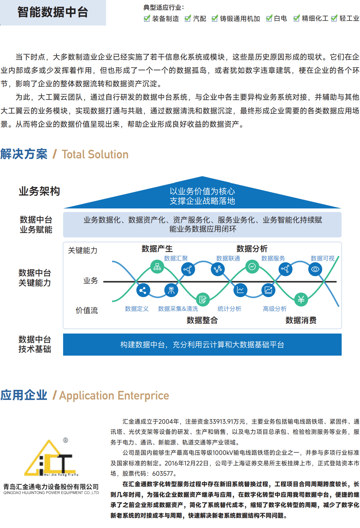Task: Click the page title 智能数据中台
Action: (x=53, y=12)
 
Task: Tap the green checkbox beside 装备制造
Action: (x=147, y=18)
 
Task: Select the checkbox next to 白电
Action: (x=269, y=18)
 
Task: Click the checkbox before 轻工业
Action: (x=334, y=18)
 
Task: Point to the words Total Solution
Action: (x=95, y=154)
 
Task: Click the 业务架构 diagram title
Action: (x=39, y=191)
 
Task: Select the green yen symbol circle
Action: (x=301, y=300)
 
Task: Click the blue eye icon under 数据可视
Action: (x=315, y=269)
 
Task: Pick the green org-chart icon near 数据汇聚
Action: (x=157, y=267)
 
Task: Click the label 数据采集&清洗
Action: (x=178, y=309)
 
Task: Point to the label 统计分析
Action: (x=229, y=309)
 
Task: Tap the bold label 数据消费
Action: (x=301, y=320)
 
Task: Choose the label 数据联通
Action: (x=228, y=258)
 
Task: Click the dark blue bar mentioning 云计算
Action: (x=202, y=344)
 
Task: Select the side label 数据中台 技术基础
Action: (x=35, y=344)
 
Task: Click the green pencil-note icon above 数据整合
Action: (x=202, y=300)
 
